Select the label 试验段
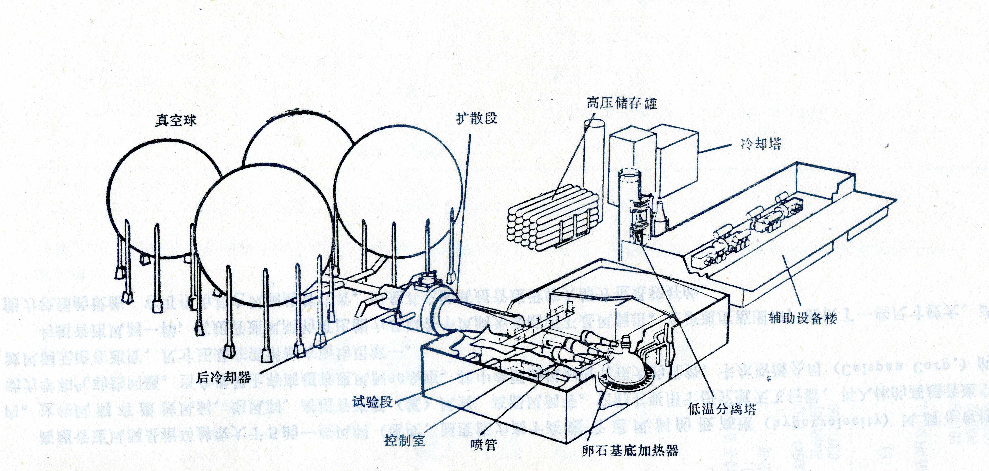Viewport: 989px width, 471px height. (x=373, y=402)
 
